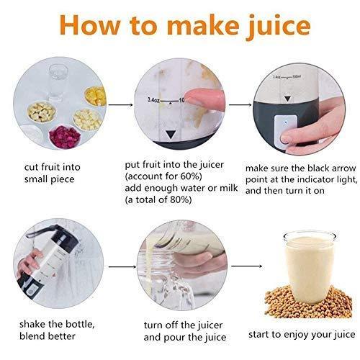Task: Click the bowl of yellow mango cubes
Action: (x=94, y=96)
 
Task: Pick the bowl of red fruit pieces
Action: (x=63, y=135)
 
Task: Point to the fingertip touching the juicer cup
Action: (x=196, y=97)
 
